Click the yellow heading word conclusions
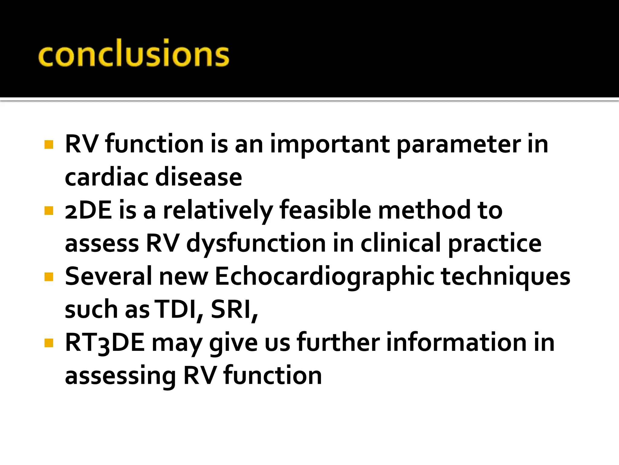(x=134, y=54)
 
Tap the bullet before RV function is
(x=49, y=144)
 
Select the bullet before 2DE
(x=49, y=210)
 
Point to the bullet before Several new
(x=49, y=277)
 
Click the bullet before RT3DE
(x=49, y=343)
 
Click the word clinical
(x=400, y=244)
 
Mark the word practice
(x=494, y=244)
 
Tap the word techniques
(x=506, y=277)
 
